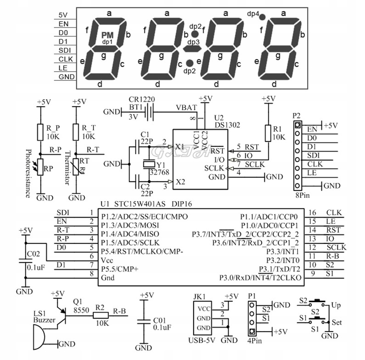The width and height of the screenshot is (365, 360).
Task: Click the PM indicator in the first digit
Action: (107, 35)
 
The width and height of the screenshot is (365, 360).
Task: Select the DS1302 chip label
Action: (227, 125)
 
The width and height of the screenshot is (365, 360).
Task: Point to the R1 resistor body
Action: (268, 134)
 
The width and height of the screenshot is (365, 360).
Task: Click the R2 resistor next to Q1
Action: (100, 315)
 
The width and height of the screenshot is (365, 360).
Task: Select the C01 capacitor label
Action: (162, 320)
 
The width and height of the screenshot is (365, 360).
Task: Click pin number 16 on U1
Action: (312, 213)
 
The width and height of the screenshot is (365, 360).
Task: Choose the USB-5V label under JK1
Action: (202, 340)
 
